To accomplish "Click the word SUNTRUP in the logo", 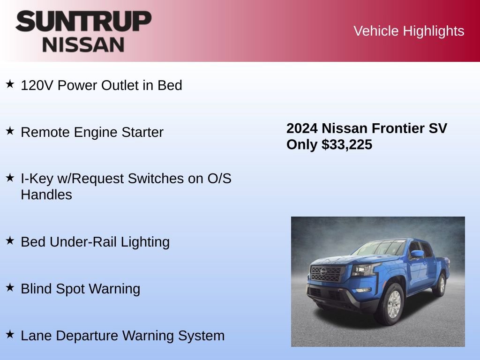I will point(83,22).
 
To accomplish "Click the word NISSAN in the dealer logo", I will point(83,45).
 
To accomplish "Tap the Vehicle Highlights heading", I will point(409,31).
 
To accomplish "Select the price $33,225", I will point(347,145).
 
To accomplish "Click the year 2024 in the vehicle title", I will point(302,128).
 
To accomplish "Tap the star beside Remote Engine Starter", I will point(10,131).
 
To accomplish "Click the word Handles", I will point(46,195).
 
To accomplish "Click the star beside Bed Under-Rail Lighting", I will point(10,241).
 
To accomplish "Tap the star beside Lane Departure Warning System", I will point(10,335).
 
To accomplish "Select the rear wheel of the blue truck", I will point(440,285).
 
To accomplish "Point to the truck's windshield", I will point(379,248).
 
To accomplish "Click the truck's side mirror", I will point(416,255).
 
